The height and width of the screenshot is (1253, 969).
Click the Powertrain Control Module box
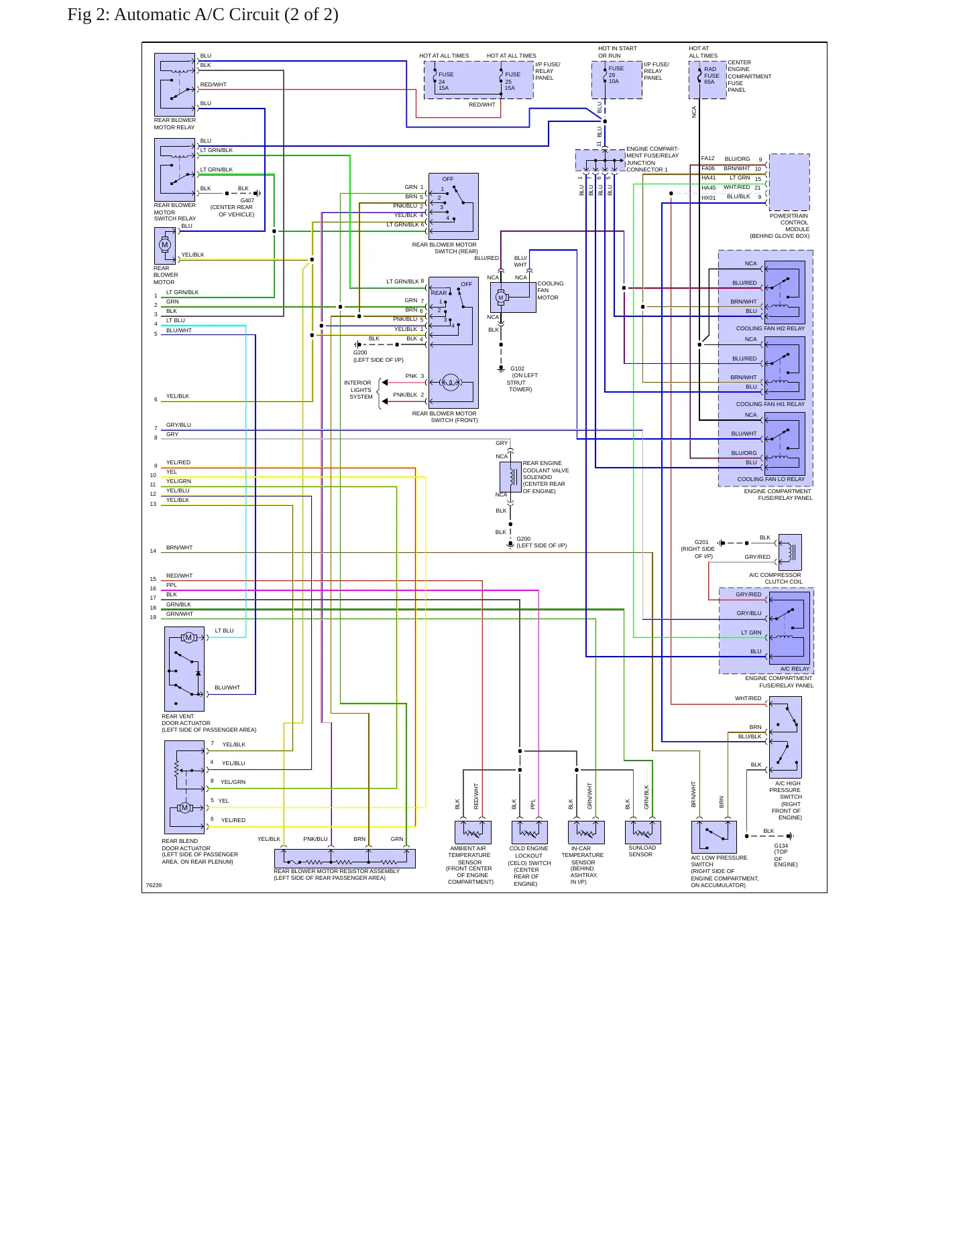(789, 182)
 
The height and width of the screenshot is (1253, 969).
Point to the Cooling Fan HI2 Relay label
(771, 328)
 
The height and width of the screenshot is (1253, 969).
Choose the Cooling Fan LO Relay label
(771, 479)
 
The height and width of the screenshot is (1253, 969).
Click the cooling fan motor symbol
(513, 297)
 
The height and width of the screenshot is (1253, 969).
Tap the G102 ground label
(517, 369)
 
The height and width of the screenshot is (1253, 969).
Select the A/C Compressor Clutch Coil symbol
(791, 552)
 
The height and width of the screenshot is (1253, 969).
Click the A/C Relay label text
(795, 669)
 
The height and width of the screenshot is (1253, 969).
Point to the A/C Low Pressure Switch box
(714, 837)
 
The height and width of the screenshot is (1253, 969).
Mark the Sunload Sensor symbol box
(643, 832)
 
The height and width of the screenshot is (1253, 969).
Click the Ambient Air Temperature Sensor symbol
(473, 832)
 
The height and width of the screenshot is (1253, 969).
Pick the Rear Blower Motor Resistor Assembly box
(345, 858)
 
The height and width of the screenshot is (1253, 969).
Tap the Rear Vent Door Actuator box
(184, 669)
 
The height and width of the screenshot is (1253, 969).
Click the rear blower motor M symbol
(165, 245)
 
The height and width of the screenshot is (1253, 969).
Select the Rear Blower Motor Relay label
(174, 124)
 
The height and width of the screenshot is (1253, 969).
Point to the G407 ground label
(247, 200)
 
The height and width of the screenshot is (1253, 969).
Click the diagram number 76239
(154, 885)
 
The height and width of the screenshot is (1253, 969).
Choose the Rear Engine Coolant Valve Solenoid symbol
(510, 476)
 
